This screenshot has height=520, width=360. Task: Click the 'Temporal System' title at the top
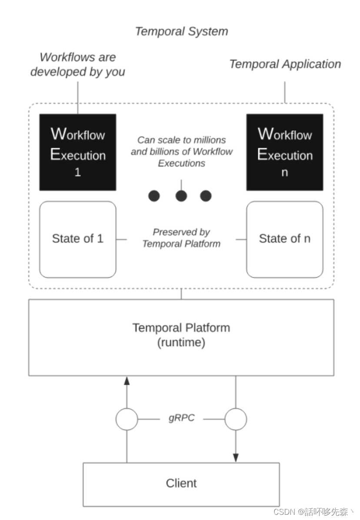181,31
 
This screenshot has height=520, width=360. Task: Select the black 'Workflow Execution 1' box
78,152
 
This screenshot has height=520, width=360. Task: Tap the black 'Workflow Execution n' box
285,152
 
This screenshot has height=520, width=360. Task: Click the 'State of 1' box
78,239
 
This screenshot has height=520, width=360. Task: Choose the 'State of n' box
285,239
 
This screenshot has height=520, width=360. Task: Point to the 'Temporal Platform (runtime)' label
181,335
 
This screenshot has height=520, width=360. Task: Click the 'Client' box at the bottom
181,483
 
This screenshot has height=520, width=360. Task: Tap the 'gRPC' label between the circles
181,418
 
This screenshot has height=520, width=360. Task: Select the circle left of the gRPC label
127,419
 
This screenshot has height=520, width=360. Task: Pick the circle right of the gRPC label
236,419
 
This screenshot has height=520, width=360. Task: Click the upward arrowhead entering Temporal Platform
127,380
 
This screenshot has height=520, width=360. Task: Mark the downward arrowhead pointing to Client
236,457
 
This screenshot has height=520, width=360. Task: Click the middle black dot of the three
181,196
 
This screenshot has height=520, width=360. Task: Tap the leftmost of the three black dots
154,196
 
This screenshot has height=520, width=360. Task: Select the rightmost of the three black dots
206,196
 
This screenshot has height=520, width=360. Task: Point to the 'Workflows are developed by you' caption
78,64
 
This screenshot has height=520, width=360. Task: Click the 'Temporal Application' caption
285,64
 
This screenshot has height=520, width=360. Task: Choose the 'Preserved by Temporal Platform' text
181,238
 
